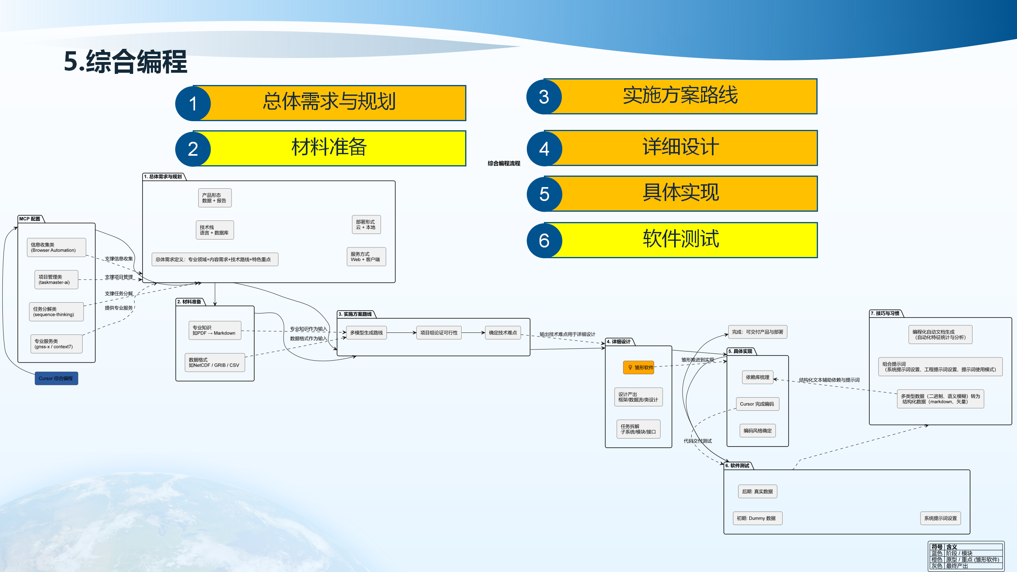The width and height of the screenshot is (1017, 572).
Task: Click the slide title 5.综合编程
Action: pos(126,62)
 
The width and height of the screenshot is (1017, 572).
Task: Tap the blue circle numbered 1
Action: pos(193,104)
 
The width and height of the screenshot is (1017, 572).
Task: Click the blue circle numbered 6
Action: pos(544,240)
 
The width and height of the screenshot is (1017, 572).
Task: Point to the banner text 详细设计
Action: pos(681,147)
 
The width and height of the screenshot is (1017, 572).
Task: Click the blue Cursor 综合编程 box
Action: pos(56,378)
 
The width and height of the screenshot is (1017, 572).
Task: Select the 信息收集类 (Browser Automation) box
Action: pos(56,247)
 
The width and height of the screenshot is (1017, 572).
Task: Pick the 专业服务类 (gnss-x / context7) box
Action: pos(56,344)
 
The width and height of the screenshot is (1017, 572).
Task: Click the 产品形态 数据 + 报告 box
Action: pos(215,198)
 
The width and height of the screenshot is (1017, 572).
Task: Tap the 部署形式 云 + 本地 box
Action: pos(366,224)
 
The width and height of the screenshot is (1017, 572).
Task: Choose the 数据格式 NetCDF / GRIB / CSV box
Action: pos(215,362)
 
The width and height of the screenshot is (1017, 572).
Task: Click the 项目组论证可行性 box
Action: pos(439,332)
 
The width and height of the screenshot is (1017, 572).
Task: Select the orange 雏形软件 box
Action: pos(638,367)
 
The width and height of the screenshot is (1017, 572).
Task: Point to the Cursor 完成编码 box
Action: pos(757,404)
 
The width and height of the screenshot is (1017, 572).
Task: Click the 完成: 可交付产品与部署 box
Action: pos(757,332)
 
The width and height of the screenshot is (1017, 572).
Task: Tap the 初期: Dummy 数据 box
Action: pos(757,518)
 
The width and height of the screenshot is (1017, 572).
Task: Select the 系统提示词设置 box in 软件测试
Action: pos(940,518)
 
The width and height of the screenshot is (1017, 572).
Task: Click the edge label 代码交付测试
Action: pos(698,441)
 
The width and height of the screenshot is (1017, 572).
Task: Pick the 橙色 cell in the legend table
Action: pos(936,559)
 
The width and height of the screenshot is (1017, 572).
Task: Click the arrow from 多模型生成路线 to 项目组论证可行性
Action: pos(401,332)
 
